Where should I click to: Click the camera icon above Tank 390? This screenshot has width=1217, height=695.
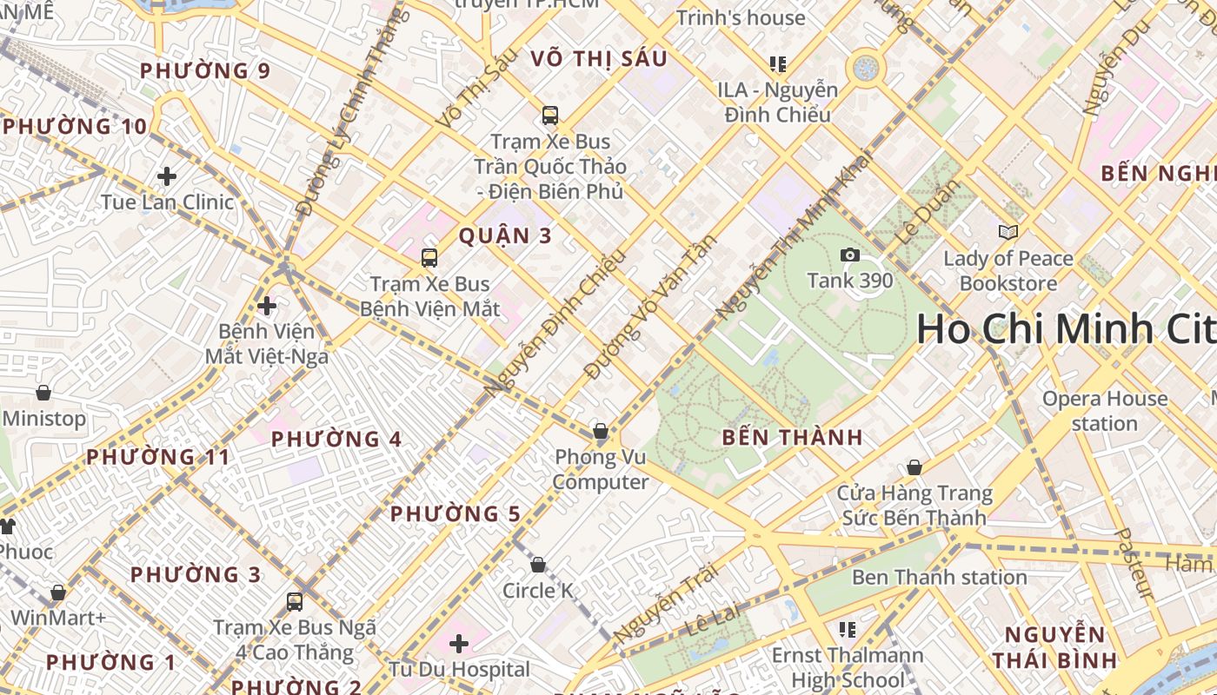pyautogui.click(x=849, y=255)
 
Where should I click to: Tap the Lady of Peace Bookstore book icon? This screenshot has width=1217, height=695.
pyautogui.click(x=1008, y=232)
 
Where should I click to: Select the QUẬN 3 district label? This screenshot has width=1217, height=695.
pyautogui.click(x=505, y=235)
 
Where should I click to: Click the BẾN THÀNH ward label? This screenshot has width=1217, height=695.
pyautogui.click(x=793, y=438)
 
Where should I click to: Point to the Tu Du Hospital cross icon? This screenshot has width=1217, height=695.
pyautogui.click(x=459, y=644)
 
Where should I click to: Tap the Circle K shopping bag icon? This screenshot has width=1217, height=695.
pyautogui.click(x=538, y=565)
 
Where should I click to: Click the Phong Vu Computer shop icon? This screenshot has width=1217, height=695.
pyautogui.click(x=600, y=431)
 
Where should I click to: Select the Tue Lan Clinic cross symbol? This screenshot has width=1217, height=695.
pyautogui.click(x=167, y=176)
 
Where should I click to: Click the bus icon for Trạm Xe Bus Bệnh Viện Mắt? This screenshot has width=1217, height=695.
pyautogui.click(x=429, y=257)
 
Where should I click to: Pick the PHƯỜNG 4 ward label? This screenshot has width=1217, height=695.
pyautogui.click(x=336, y=440)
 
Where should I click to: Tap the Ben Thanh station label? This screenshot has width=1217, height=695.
pyautogui.click(x=939, y=577)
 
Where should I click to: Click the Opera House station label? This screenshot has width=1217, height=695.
pyautogui.click(x=1104, y=411)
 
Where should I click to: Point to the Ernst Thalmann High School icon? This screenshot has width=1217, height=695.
pyautogui.click(x=848, y=629)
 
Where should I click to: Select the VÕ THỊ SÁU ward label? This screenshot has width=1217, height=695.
pyautogui.click(x=599, y=59)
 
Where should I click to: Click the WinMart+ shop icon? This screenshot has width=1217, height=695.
pyautogui.click(x=58, y=592)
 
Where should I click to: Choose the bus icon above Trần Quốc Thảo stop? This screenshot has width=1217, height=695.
pyautogui.click(x=549, y=115)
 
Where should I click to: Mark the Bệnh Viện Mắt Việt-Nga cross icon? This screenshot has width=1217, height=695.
pyautogui.click(x=267, y=306)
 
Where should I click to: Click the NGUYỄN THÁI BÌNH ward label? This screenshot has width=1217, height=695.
pyautogui.click(x=1054, y=646)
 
